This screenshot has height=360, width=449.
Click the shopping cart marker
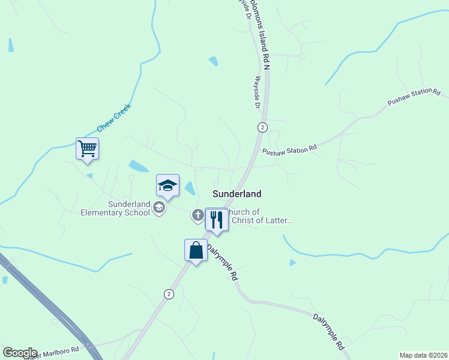point(87,148)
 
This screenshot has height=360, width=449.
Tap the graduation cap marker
point(167,185)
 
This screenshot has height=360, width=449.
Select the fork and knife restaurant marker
point(216,220)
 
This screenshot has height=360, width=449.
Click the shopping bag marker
point(196,250)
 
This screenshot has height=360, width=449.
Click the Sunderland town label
point(237,194)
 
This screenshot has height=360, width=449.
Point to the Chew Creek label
point(113,119)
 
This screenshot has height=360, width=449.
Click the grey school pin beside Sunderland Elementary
point(159,208)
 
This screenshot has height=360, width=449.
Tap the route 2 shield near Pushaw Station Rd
point(262,127)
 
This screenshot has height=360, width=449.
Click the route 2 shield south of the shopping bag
point(169,293)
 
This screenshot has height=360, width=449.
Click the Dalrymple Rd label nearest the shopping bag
point(222,262)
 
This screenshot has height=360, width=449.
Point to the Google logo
point(20,353)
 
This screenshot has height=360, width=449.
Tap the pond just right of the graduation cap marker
point(190,188)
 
